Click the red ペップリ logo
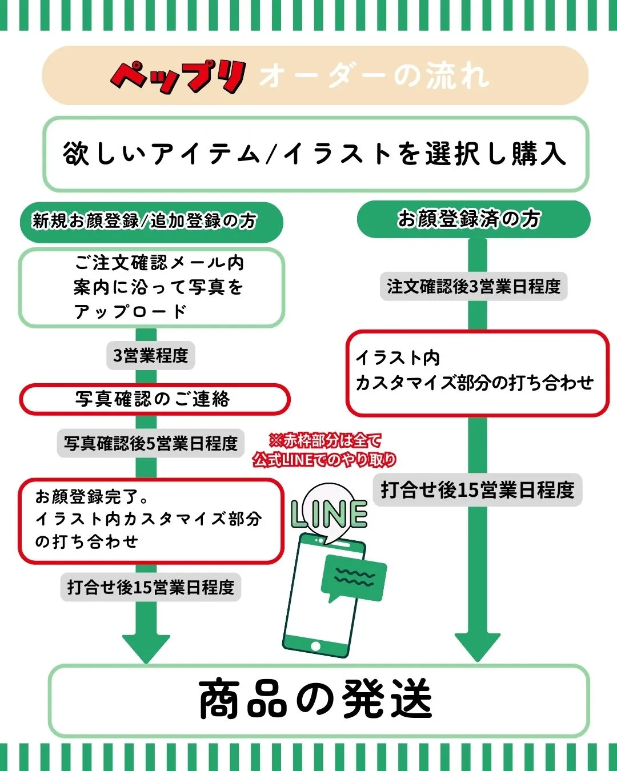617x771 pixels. click(x=179, y=76)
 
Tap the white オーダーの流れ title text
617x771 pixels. click(x=374, y=76)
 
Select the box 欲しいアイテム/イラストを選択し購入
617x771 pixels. click(x=315, y=154)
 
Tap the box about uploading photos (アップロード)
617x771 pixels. click(x=152, y=287)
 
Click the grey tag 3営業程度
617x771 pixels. click(x=151, y=356)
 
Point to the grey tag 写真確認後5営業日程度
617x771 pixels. click(x=151, y=443)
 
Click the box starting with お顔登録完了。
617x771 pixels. click(x=151, y=520)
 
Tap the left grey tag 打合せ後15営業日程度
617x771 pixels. click(x=151, y=587)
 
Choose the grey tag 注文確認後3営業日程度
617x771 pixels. click(x=474, y=286)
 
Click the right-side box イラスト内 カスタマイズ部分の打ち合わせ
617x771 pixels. click(x=476, y=372)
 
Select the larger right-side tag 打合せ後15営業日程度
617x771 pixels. click(x=478, y=489)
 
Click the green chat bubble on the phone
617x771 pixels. click(x=354, y=579)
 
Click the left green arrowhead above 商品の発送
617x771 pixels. click(x=146, y=647)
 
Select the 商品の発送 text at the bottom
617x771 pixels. click(x=315, y=699)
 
